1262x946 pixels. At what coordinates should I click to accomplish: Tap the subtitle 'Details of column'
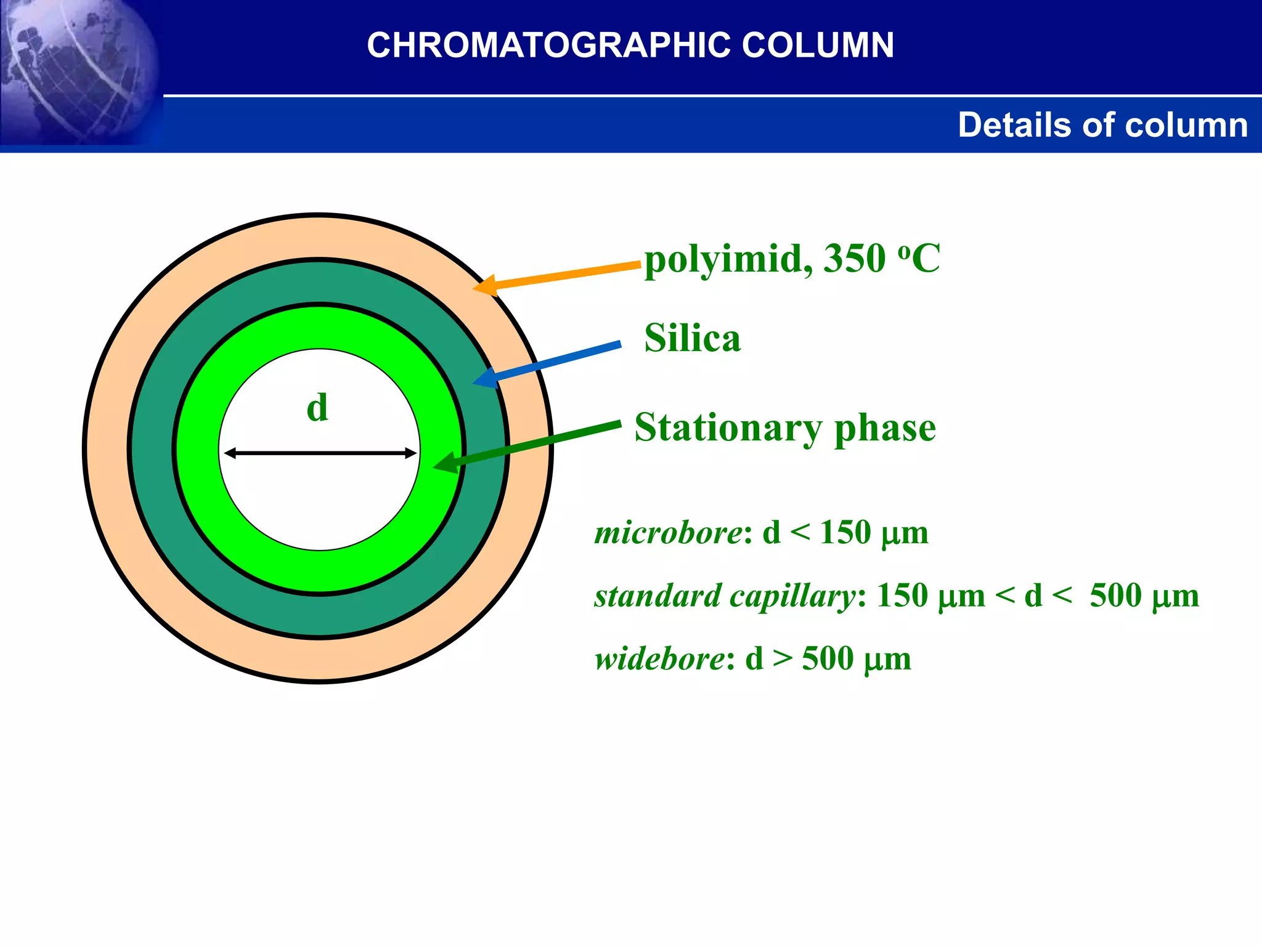(x=1102, y=125)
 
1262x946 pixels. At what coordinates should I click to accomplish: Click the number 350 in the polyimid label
(x=855, y=259)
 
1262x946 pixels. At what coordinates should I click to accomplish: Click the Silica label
(x=692, y=338)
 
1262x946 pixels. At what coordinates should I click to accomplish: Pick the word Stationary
(x=728, y=428)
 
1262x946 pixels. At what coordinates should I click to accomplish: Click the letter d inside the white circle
(x=317, y=408)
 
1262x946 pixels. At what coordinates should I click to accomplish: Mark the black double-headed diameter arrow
(x=320, y=453)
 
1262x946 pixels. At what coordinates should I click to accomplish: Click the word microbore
(x=669, y=533)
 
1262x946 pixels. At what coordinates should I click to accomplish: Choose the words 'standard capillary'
(x=725, y=596)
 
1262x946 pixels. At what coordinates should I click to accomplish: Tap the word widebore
(x=660, y=659)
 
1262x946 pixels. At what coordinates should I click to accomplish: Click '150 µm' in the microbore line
(x=874, y=533)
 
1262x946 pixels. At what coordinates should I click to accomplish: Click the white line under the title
(x=709, y=95)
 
